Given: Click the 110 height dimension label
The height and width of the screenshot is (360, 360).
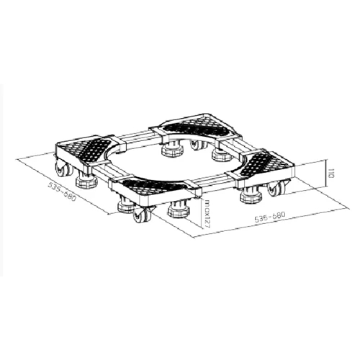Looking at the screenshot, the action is (x=331, y=173).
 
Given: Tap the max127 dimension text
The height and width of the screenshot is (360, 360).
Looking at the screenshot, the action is (x=205, y=213).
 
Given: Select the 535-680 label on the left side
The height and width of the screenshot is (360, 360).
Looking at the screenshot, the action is (x=62, y=192).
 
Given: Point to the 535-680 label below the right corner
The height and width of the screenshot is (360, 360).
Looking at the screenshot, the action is (x=270, y=217).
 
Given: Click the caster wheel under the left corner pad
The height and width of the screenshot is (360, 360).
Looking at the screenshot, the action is (x=63, y=168).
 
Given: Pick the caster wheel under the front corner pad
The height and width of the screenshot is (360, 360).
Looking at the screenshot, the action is (x=142, y=214).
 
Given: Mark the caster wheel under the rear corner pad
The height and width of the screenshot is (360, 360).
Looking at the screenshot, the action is (x=198, y=145).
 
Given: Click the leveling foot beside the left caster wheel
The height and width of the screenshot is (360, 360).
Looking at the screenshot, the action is (x=86, y=179).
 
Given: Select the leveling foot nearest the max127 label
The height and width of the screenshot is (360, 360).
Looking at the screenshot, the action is (x=179, y=208).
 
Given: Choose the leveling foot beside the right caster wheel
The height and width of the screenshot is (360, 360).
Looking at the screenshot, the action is (x=251, y=195).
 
